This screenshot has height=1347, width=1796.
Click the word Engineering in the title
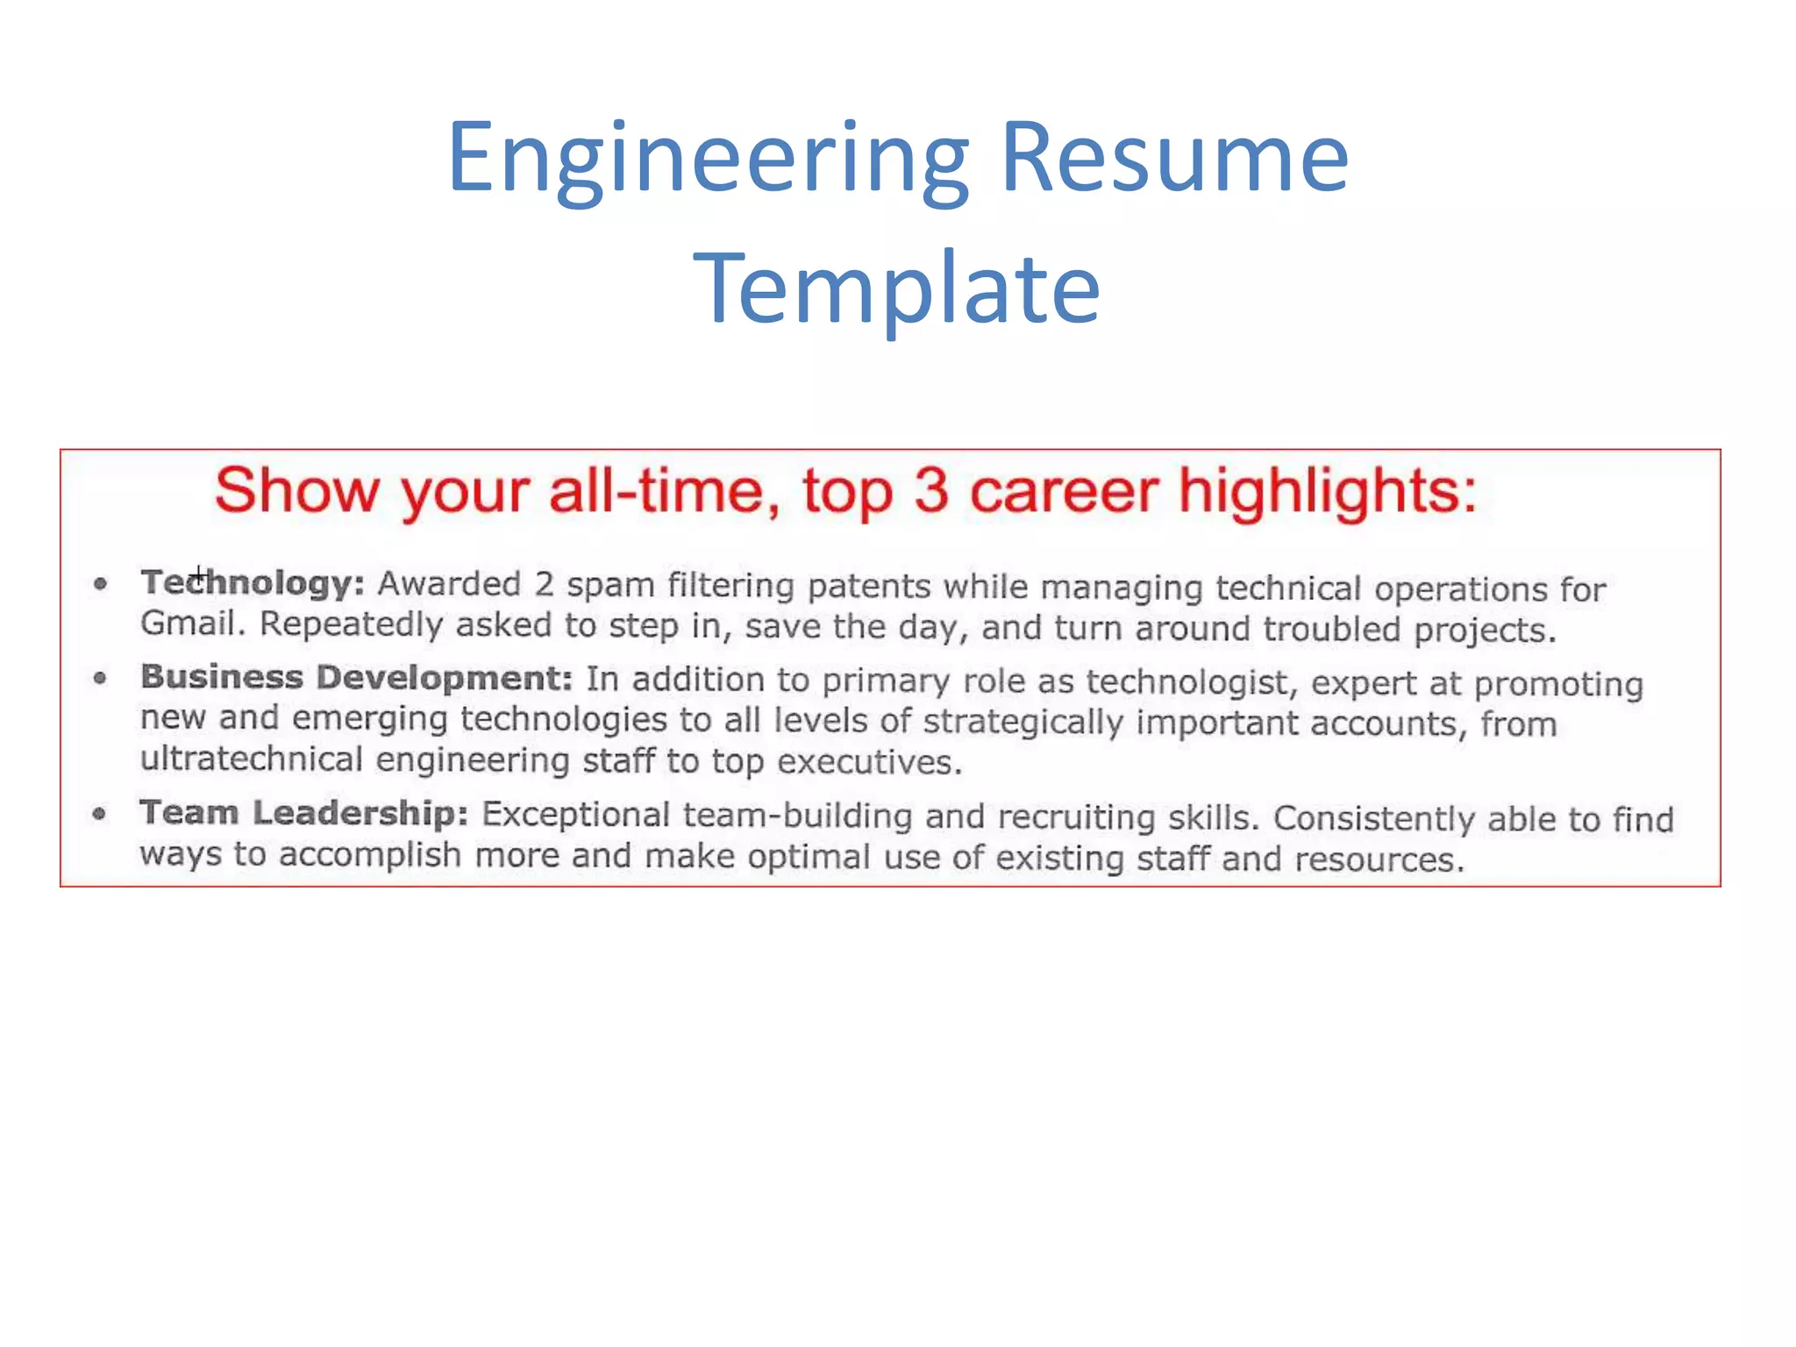click(709, 160)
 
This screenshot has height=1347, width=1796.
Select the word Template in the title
click(896, 289)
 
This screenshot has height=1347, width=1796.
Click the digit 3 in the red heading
click(930, 490)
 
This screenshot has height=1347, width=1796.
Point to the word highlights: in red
click(1328, 492)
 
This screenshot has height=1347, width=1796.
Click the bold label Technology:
click(253, 583)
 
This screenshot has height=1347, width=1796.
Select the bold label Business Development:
click(356, 678)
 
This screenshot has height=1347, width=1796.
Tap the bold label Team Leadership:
click(303, 813)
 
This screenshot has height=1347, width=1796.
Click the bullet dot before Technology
click(101, 584)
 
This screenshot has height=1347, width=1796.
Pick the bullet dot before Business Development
click(100, 678)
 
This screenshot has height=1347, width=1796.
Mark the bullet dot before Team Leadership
click(100, 814)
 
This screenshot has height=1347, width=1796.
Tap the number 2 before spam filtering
click(544, 585)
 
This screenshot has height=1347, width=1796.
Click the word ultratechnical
click(252, 759)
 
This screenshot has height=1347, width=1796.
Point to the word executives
click(869, 762)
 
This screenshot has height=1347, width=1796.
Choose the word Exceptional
click(576, 815)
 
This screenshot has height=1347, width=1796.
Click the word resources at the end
click(1379, 859)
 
